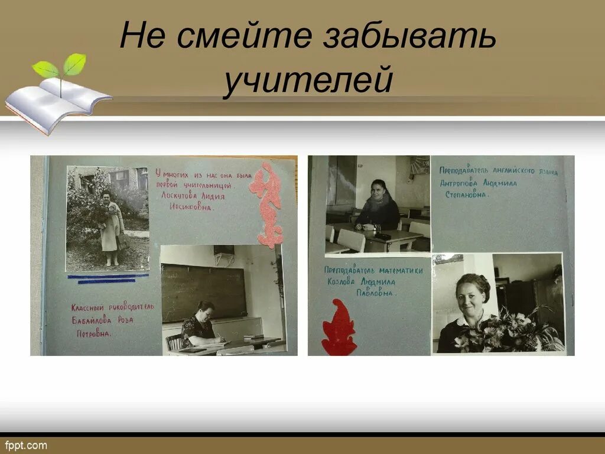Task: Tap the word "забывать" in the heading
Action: (409, 37)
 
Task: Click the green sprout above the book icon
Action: (60, 70)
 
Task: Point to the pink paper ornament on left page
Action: (267, 204)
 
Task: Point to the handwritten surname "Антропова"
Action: (458, 183)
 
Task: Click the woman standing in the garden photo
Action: (110, 228)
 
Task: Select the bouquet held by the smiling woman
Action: (508, 332)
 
